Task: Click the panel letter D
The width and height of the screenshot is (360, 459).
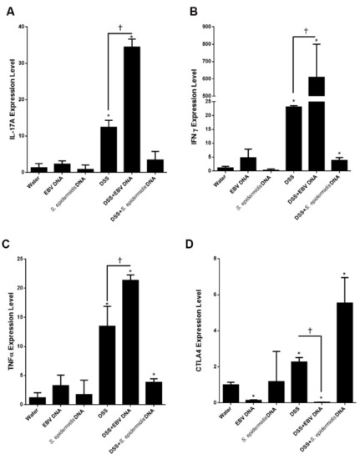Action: [191, 248]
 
